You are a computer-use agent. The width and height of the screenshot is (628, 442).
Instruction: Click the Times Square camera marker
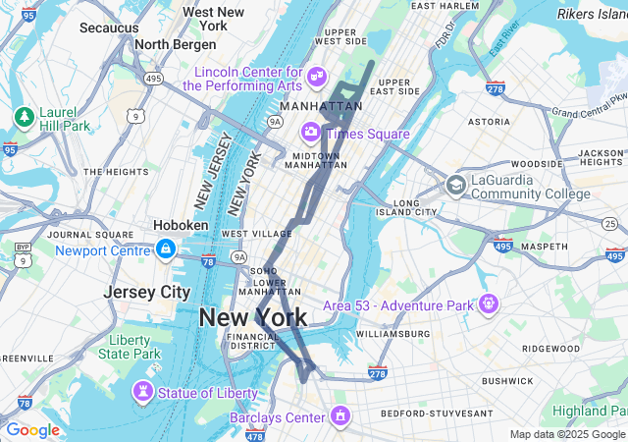pyautogui.click(x=311, y=131)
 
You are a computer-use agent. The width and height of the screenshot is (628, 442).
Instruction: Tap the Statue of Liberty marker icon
pyautogui.click(x=144, y=393)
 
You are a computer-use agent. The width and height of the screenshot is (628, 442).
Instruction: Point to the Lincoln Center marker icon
pyautogui.click(x=317, y=76)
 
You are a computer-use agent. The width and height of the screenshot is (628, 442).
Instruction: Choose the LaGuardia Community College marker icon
pyautogui.click(x=455, y=185)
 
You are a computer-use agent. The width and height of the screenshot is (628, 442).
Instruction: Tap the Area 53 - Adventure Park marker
pyautogui.click(x=488, y=304)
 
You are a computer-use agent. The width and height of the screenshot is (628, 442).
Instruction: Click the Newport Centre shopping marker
pyautogui.click(x=165, y=249)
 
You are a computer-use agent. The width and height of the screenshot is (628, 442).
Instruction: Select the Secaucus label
pyautogui.click(x=108, y=28)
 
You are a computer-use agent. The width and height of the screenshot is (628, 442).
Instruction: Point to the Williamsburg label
pyautogui.click(x=392, y=334)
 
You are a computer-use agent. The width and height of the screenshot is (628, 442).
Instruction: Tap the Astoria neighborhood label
pyautogui.click(x=489, y=122)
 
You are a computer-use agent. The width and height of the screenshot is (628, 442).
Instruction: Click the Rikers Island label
pyautogui.click(x=594, y=14)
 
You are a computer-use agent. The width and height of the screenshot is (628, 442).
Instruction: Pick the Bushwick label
pyautogui.click(x=506, y=379)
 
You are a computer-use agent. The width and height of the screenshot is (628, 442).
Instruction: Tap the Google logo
pyautogui.click(x=32, y=430)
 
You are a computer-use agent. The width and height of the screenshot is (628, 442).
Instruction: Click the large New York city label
pyautogui.click(x=252, y=317)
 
